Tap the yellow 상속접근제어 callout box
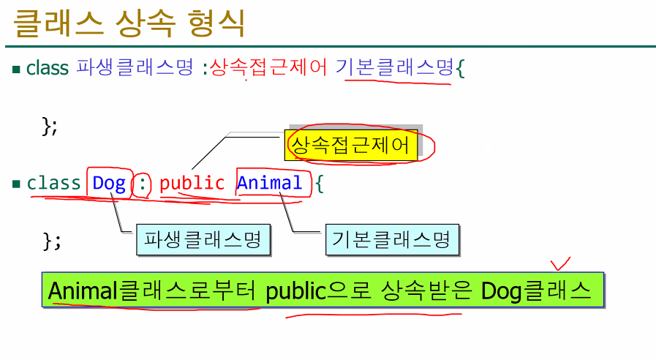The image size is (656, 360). click(350, 146)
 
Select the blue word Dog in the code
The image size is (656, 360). click(109, 183)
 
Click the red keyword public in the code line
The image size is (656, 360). click(192, 183)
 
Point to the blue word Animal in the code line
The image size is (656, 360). click(269, 183)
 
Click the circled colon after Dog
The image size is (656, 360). click(143, 184)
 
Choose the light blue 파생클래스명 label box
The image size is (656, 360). click(203, 240)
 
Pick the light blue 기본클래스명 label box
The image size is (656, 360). click(391, 240)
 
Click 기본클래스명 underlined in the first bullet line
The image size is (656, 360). click(396, 69)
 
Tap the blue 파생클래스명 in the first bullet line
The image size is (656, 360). click(135, 69)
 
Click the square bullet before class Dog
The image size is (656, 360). click(16, 184)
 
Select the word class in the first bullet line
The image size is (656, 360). click(47, 69)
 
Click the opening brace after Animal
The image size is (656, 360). click(319, 184)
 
